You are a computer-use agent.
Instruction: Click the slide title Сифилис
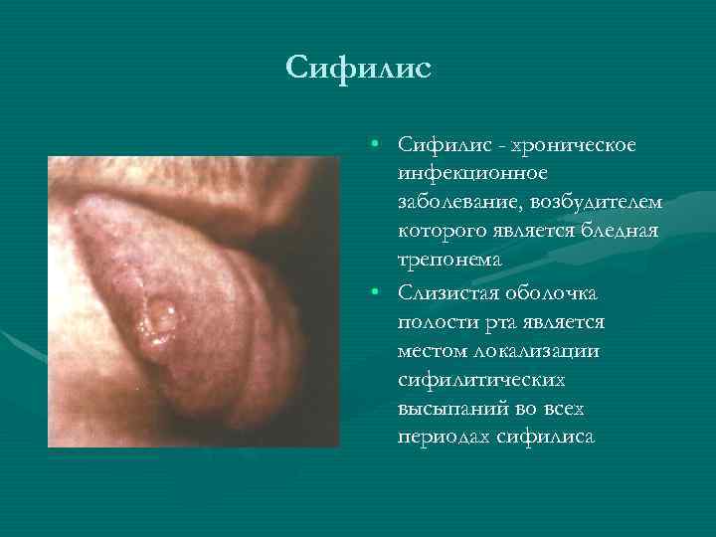tap(358, 69)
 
